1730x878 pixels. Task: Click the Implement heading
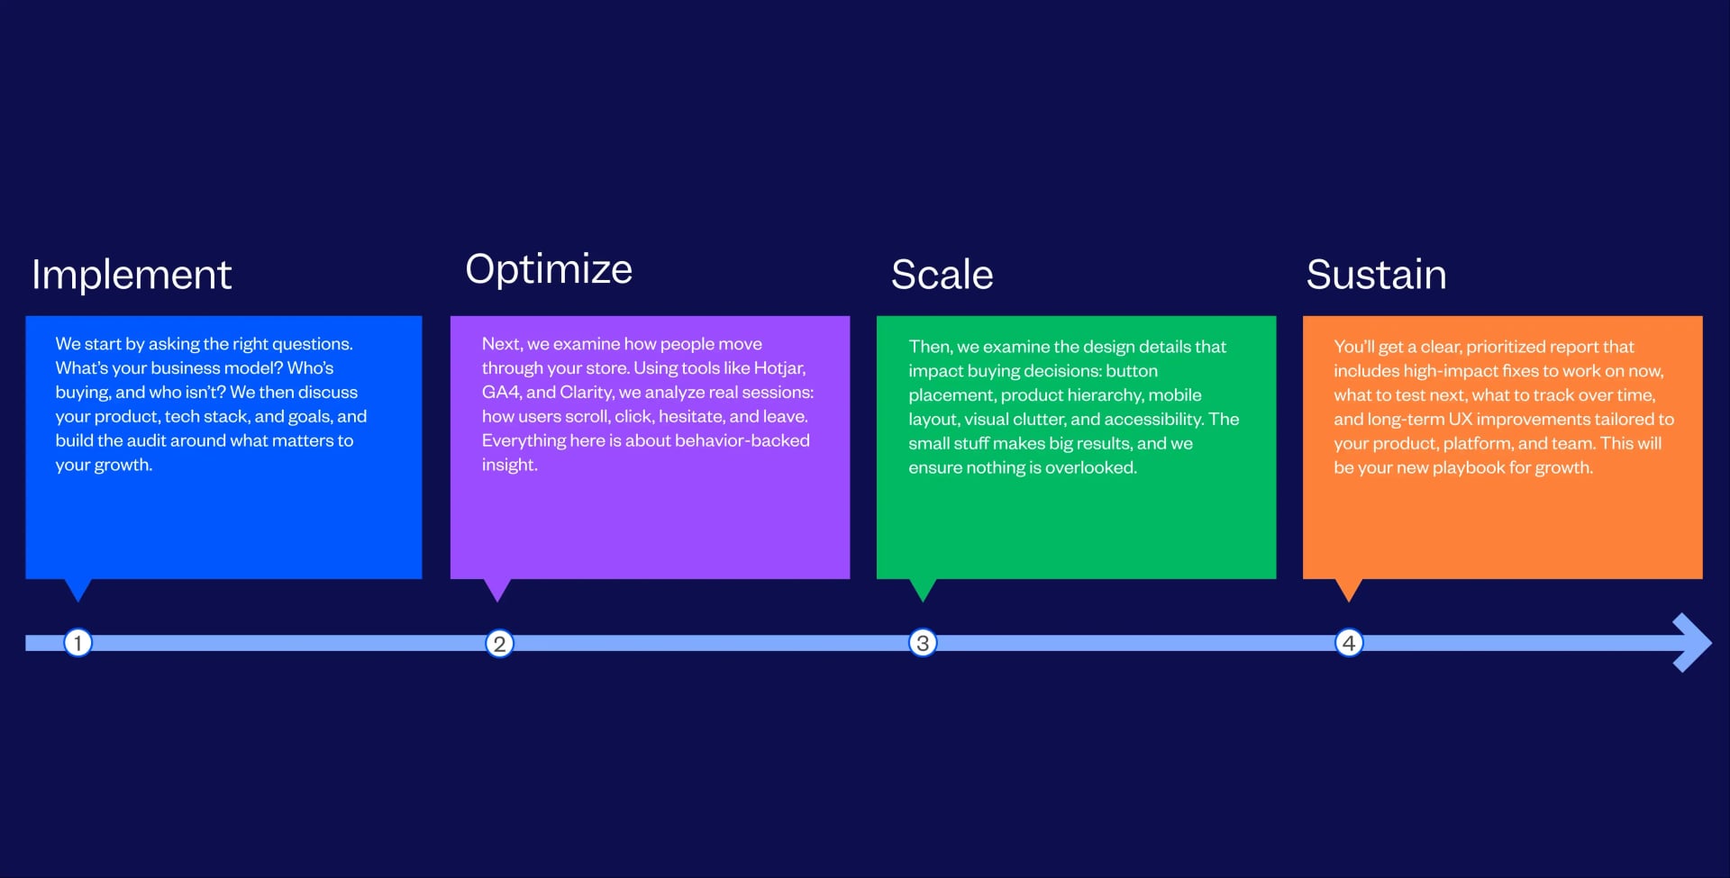click(132, 275)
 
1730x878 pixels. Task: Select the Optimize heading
click(549, 269)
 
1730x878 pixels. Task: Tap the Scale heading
click(942, 275)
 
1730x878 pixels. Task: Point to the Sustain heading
click(1376, 275)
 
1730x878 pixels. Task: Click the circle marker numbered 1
click(78, 643)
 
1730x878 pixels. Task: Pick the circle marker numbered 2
click(499, 644)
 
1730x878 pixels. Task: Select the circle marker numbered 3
click(923, 643)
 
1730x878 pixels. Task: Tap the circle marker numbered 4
click(1349, 643)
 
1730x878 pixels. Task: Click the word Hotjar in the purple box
click(779, 368)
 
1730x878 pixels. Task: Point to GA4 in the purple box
click(500, 393)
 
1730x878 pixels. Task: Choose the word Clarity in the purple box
click(587, 393)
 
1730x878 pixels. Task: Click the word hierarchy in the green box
click(1105, 395)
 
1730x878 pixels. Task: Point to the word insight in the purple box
click(509, 466)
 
